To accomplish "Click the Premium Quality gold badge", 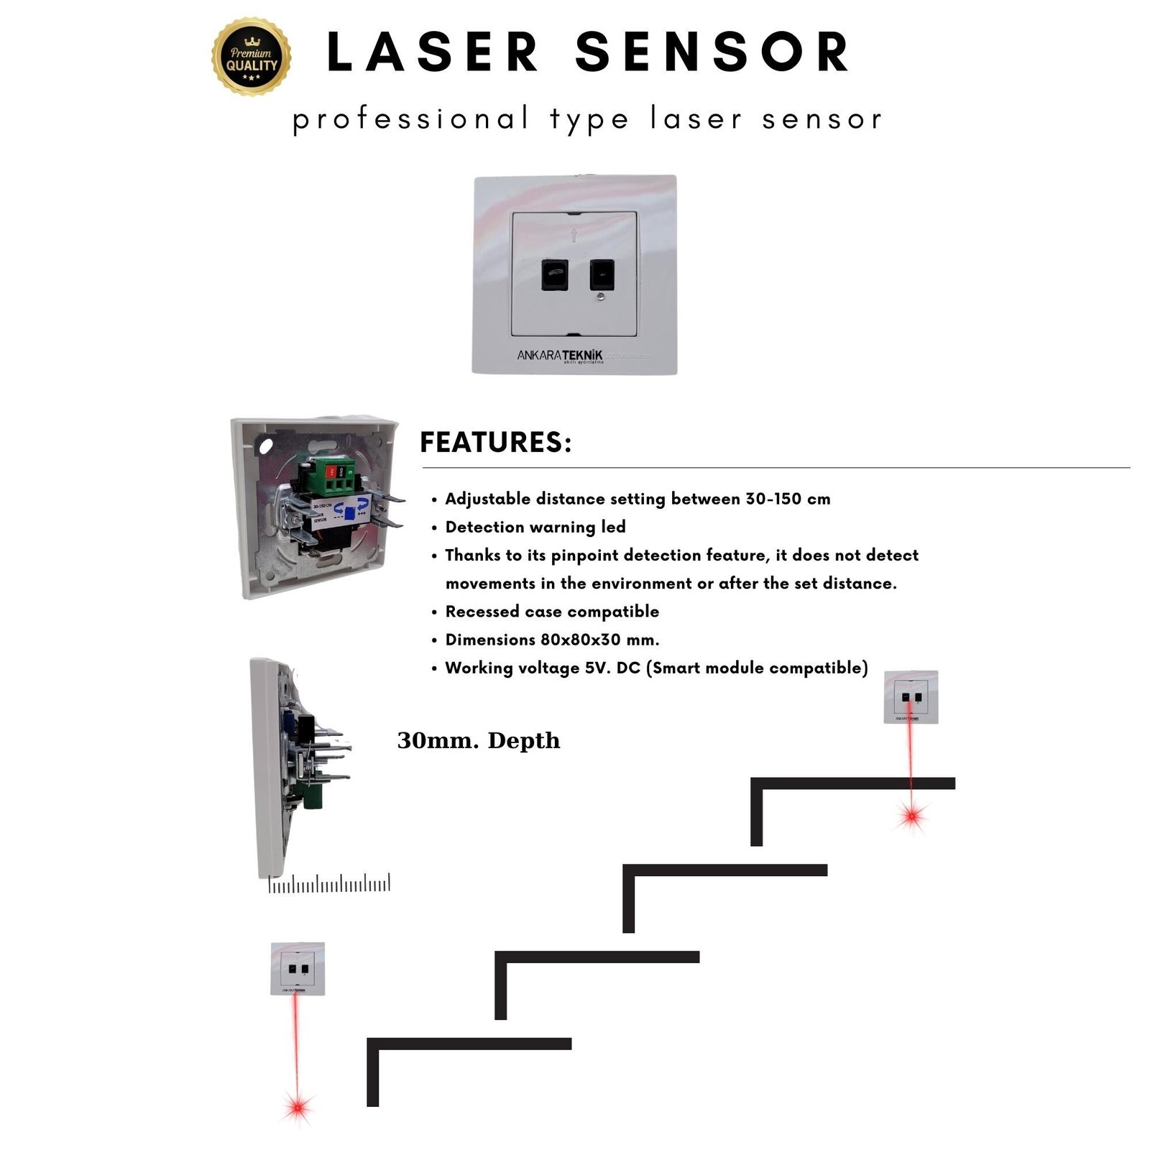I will click(252, 57).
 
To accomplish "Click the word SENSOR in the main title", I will click(712, 52).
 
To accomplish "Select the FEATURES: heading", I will click(495, 443).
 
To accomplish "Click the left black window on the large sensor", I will click(554, 275).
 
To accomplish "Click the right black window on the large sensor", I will click(602, 274).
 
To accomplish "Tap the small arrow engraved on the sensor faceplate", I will click(574, 234).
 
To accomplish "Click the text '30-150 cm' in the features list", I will click(788, 499).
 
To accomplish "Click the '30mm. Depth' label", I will click(478, 740).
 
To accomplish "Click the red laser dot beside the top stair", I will click(912, 816).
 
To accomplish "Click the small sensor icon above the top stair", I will click(911, 696).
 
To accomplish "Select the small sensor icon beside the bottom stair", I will click(298, 968).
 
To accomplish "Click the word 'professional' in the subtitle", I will click(410, 119).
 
